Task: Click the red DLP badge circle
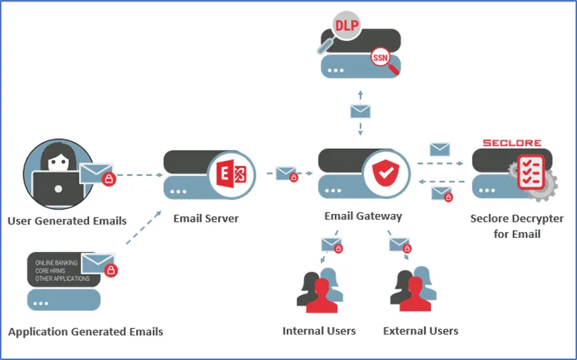[x=346, y=26]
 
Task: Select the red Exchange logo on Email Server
[x=231, y=174]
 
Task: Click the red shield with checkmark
[x=385, y=173]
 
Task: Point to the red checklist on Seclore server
[x=530, y=172]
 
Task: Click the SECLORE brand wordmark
[x=512, y=143]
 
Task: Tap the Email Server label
[x=206, y=218]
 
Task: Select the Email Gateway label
[x=363, y=216]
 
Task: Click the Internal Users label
[x=319, y=331]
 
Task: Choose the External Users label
[x=420, y=331]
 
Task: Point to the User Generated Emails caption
[x=67, y=221]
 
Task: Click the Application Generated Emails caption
[x=85, y=332]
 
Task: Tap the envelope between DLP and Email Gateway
[x=360, y=111]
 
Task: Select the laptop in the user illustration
[x=58, y=189]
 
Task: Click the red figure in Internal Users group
[x=322, y=296]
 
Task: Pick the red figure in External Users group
[x=415, y=294]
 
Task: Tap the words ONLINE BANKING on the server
[x=56, y=263]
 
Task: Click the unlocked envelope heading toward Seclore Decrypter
[x=439, y=150]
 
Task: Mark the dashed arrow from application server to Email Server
[x=143, y=227]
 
